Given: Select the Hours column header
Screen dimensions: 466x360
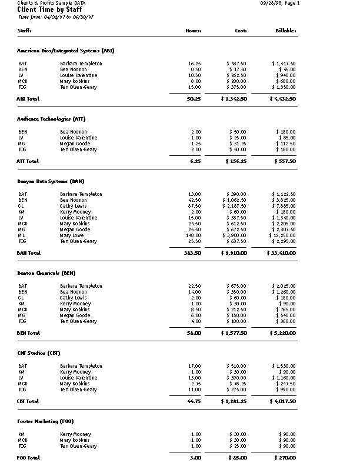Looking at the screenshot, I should click(x=194, y=30).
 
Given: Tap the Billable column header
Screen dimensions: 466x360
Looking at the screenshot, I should click(x=285, y=30).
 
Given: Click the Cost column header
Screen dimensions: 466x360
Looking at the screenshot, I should click(x=241, y=30).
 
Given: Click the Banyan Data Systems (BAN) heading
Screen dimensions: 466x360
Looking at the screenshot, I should click(x=51, y=181).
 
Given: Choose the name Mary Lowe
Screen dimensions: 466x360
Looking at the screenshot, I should click(x=72, y=235).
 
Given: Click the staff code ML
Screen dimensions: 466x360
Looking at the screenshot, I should click(x=21, y=235).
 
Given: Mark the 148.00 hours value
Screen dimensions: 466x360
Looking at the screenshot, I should click(x=194, y=235).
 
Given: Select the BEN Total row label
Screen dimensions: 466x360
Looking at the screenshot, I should click(x=29, y=332).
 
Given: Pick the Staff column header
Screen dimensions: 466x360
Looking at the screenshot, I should click(x=25, y=30).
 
